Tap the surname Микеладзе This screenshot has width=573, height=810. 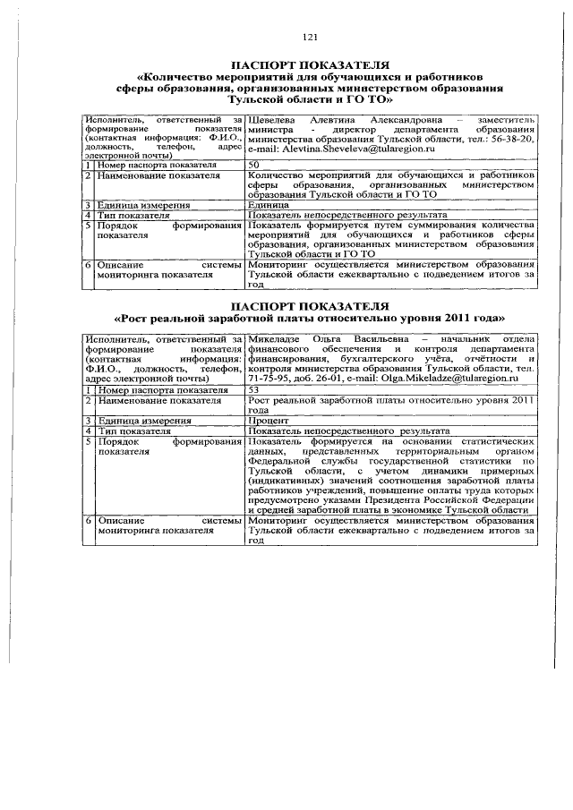pos(276,338)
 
